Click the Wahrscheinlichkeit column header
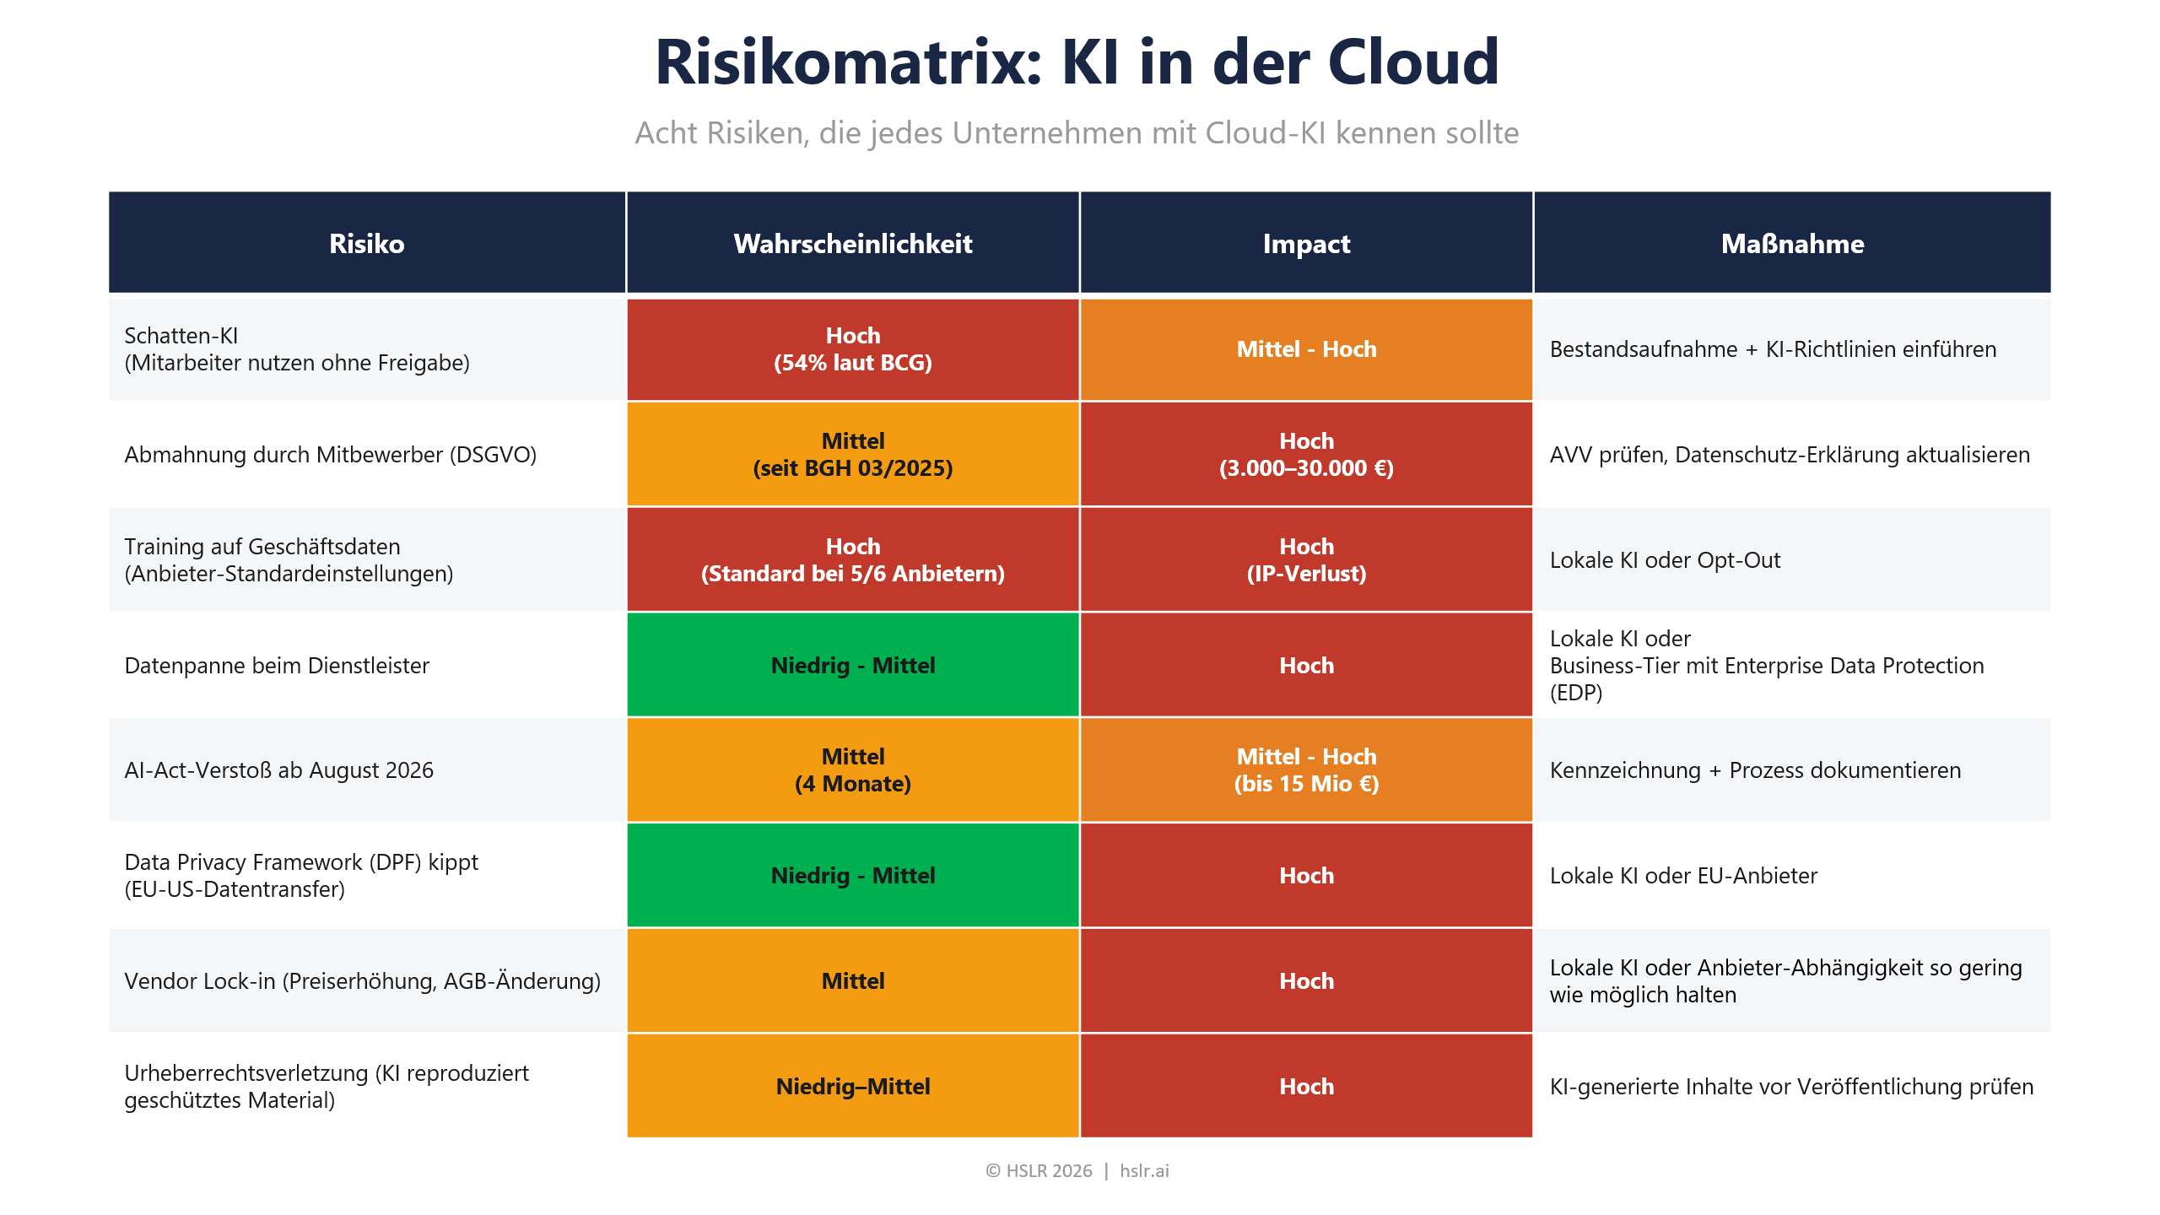click(852, 244)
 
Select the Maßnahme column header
click(1791, 244)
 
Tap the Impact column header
click(1305, 244)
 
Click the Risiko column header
click(366, 244)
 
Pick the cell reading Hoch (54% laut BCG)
click(852, 349)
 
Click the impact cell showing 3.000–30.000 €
click(1305, 455)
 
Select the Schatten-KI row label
click(296, 349)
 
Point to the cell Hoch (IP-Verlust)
click(1305, 560)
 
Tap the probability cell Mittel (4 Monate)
click(852, 770)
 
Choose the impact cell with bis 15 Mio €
click(1305, 770)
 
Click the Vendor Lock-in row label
click(362, 981)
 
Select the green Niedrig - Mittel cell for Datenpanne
click(852, 666)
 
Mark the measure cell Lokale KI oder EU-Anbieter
click(1682, 876)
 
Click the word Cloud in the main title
click(1412, 62)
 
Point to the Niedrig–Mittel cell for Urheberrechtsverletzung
click(852, 1087)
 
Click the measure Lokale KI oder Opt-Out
click(1664, 560)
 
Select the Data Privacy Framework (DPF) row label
click(300, 876)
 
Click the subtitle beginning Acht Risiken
click(1077, 133)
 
